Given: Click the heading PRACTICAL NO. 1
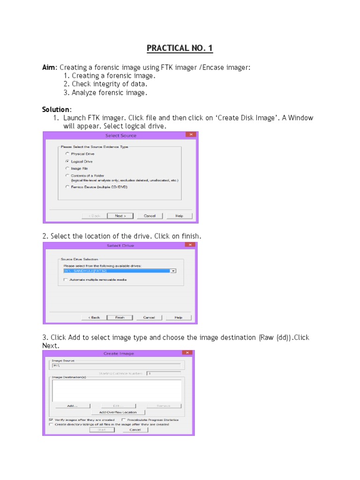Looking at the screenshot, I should (180, 48).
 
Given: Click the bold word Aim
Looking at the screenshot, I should (49, 67).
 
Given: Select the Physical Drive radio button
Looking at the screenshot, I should (67, 154).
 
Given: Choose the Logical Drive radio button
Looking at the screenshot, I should (67, 161).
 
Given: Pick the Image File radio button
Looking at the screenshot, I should (67, 168).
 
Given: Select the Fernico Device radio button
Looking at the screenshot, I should (67, 187).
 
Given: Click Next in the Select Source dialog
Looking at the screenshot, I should (120, 216).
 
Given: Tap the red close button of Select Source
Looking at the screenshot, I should (190, 135).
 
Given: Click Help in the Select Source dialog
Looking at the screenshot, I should (179, 216).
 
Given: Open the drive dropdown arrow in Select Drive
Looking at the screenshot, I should (173, 271).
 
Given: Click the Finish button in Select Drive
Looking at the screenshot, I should (120, 317).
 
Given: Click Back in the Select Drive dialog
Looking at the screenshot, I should (94, 317).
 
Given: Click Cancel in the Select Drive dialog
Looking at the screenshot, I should (149, 317).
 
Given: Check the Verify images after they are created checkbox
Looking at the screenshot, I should (51, 420).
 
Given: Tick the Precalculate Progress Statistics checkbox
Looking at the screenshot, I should (123, 420).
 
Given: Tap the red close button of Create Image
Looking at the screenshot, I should (187, 353).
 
